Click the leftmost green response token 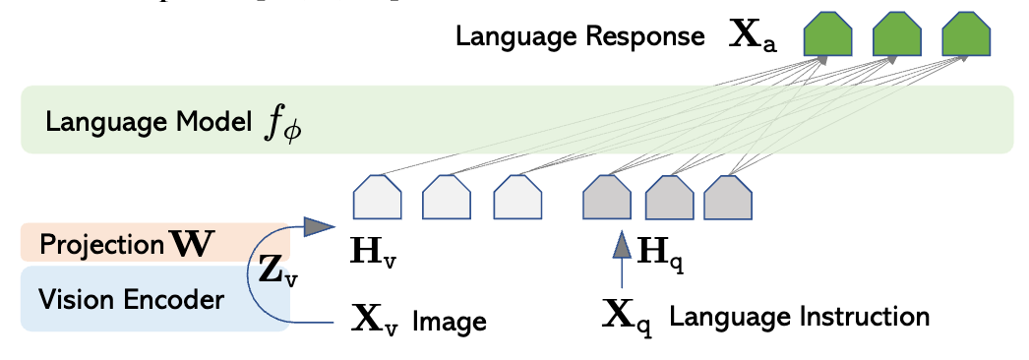827,37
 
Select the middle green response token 895,37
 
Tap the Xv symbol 375,320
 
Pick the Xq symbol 628,317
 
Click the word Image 450,321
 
